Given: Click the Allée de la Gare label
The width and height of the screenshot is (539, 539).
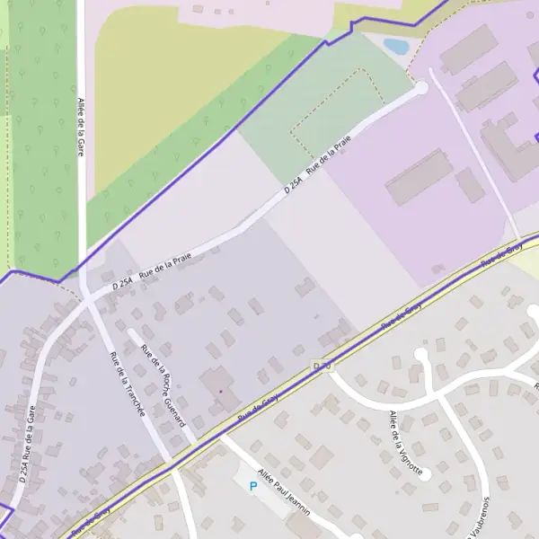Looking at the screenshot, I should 80,127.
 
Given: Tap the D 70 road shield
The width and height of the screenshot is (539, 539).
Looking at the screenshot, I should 323,366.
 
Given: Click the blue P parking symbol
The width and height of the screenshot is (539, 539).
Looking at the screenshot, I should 252,486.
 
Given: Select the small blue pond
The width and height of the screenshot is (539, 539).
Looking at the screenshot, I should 396,45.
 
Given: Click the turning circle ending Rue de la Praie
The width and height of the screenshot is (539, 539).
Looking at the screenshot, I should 420,88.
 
